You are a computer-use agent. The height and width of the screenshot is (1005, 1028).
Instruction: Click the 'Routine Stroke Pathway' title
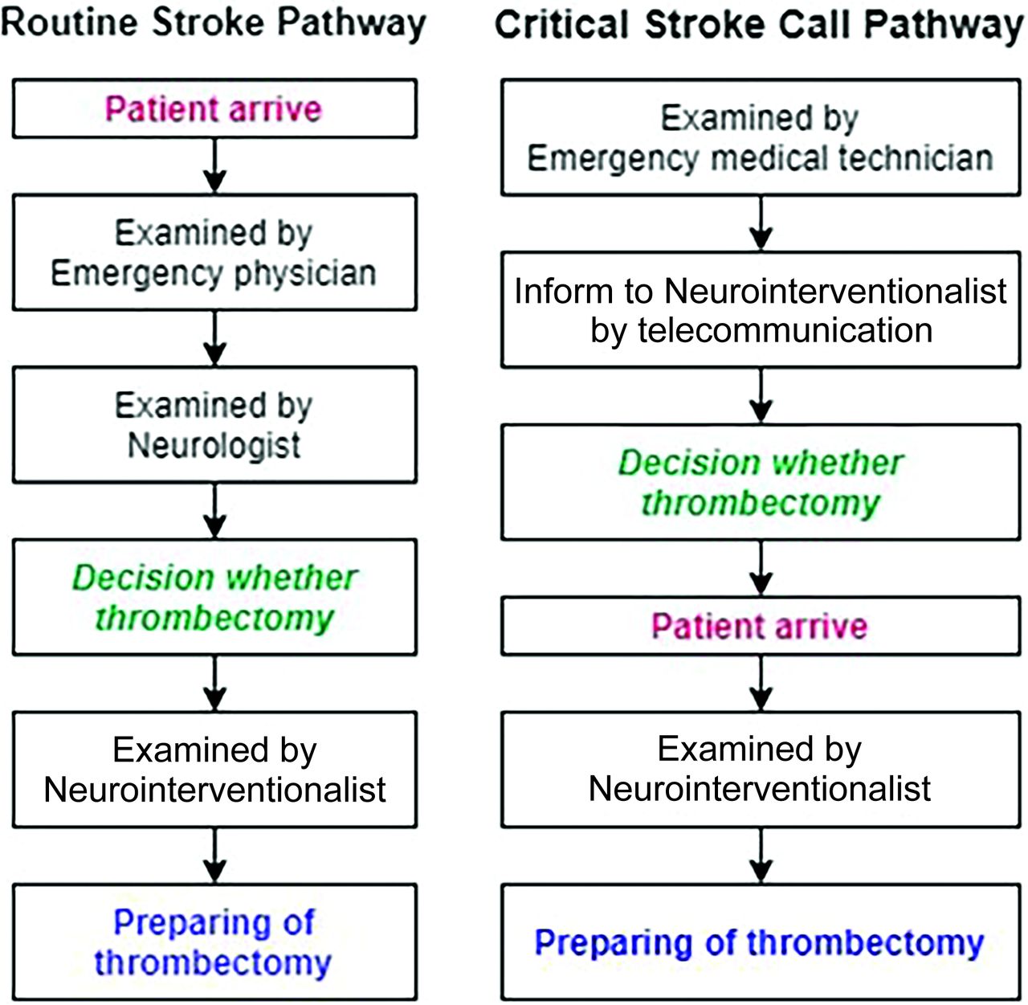click(x=213, y=22)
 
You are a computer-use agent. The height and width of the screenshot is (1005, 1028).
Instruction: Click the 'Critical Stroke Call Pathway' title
click(x=759, y=24)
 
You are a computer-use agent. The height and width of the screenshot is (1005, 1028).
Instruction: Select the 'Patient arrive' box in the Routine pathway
click(x=214, y=108)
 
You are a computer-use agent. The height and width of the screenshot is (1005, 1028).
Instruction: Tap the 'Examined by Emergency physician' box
click(x=214, y=252)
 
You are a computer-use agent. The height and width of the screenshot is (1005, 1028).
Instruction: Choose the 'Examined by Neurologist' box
click(x=214, y=425)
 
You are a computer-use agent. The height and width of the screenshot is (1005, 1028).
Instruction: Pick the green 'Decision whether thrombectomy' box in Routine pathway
click(x=214, y=597)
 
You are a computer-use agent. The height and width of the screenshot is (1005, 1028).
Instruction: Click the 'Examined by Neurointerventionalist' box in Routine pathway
click(x=214, y=769)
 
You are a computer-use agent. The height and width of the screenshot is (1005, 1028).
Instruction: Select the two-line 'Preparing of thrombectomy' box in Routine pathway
click(x=214, y=942)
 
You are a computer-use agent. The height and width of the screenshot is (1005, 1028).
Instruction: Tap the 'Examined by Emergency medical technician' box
click(x=761, y=137)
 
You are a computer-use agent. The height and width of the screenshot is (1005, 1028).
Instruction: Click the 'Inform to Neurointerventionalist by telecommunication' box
click(x=761, y=310)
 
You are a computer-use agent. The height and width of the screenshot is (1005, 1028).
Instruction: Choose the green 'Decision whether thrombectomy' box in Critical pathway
click(x=761, y=482)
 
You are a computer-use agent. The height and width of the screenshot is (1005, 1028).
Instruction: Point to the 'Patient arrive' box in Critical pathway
click(x=761, y=626)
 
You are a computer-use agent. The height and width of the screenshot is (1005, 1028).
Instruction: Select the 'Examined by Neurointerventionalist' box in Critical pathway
click(x=761, y=769)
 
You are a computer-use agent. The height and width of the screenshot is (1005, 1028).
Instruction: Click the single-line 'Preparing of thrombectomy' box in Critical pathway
click(x=761, y=942)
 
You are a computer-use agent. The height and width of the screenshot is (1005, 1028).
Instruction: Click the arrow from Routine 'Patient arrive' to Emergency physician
click(x=214, y=165)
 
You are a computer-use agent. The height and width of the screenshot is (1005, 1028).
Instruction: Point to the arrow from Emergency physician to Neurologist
click(x=214, y=338)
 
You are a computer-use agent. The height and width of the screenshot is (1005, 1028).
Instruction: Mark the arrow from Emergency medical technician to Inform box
click(x=761, y=223)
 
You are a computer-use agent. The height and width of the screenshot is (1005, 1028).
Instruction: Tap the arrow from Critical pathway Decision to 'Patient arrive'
click(x=761, y=568)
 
